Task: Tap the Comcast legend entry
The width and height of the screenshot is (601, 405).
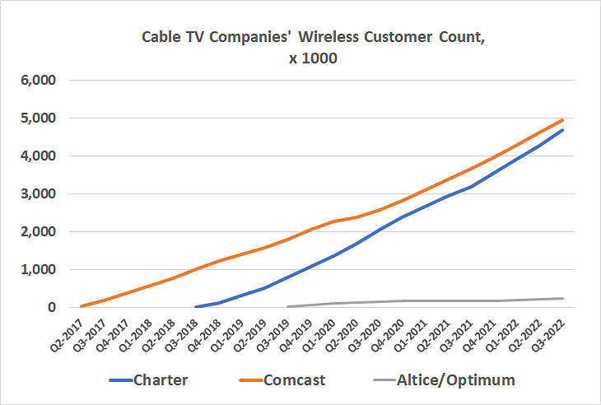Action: tap(296, 380)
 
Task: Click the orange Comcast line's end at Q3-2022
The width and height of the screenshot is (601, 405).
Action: tap(563, 120)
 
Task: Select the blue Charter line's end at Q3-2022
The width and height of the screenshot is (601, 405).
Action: tap(563, 130)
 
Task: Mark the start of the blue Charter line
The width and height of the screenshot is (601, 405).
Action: tap(196, 307)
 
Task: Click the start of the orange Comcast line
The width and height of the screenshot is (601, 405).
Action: tap(81, 306)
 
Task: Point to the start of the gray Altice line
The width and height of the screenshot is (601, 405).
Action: tap(287, 307)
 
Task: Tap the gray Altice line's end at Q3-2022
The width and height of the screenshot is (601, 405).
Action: tap(563, 298)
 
